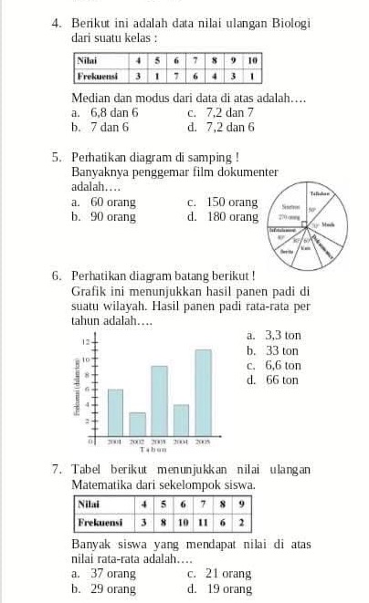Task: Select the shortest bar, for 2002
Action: click(x=137, y=424)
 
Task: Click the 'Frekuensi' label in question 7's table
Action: click(x=101, y=524)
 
